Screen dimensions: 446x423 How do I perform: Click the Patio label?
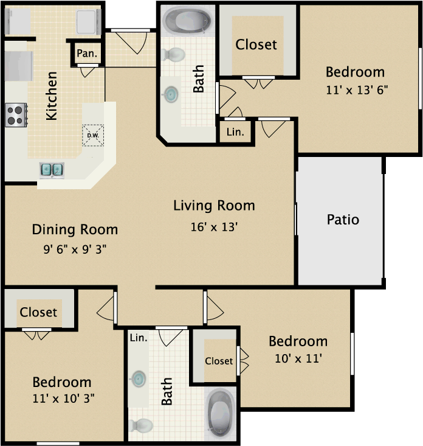tap(343, 219)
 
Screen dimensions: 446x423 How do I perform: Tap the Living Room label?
tap(214, 206)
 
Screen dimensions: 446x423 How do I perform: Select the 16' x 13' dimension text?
tap(213, 227)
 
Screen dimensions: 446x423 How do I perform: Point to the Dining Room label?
tap(75, 229)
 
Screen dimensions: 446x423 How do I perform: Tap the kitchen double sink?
tap(52, 169)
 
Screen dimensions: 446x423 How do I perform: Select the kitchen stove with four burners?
tap(16, 114)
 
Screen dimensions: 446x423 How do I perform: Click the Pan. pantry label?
tap(87, 54)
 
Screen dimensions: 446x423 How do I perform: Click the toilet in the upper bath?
tap(174, 55)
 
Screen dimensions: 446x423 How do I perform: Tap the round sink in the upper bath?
tap(171, 94)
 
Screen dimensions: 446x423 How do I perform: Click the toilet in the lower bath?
tap(141, 425)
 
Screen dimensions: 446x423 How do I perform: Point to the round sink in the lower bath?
tap(139, 379)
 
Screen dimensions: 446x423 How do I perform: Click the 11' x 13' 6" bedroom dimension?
tap(357, 89)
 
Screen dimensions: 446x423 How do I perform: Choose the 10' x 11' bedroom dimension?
tap(298, 358)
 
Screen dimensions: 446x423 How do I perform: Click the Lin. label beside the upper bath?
tap(235, 131)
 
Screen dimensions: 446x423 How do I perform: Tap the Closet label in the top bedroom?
tap(256, 44)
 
